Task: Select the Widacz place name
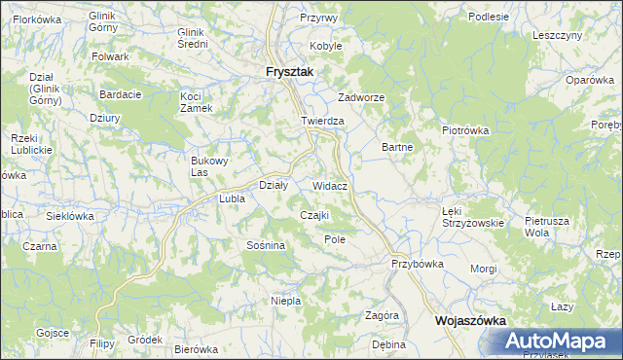[331, 184]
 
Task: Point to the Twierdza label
[323, 121]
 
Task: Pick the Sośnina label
[265, 245]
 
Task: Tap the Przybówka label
[418, 263]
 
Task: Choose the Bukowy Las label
[207, 166]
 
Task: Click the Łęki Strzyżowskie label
[472, 216]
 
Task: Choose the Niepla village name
[285, 301]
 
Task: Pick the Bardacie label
[121, 94]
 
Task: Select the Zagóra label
[383, 315]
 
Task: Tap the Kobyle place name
[325, 46]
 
